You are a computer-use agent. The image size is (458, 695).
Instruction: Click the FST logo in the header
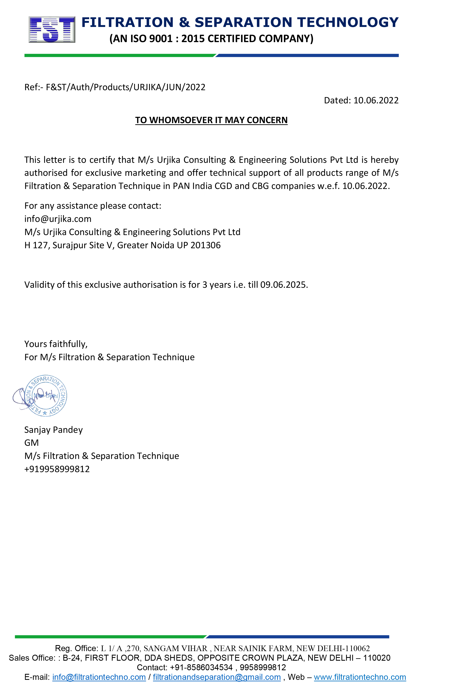[52, 30]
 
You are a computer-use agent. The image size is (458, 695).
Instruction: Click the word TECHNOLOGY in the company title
[348, 23]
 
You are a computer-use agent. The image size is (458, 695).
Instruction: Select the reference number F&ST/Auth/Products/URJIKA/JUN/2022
[126, 87]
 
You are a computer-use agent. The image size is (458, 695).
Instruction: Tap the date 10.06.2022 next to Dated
[376, 100]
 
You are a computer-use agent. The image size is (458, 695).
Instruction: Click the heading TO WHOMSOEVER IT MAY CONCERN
[211, 120]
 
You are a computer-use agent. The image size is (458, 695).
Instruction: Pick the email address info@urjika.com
[58, 219]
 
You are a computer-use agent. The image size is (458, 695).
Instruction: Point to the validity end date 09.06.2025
[284, 285]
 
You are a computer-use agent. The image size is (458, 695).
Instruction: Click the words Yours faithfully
[56, 344]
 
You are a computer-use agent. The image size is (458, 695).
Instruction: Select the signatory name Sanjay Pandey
[53, 430]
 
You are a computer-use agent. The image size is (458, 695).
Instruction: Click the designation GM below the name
[31, 443]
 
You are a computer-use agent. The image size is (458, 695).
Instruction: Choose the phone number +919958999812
[57, 469]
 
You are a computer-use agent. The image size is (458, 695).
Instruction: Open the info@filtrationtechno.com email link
[99, 677]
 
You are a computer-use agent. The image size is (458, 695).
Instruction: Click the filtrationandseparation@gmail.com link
[217, 677]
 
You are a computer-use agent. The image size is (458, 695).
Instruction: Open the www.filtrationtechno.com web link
[360, 677]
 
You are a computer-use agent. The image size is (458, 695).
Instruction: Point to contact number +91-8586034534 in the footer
[201, 667]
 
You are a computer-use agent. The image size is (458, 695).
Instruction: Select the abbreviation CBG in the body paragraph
[260, 186]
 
